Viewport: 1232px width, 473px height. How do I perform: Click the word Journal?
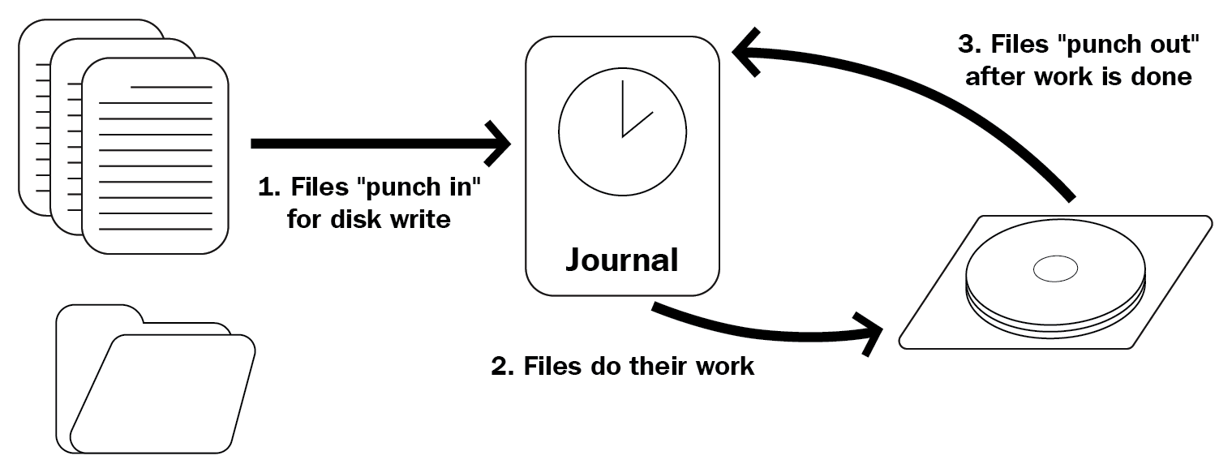point(622,260)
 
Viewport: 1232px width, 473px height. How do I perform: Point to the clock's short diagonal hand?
point(638,123)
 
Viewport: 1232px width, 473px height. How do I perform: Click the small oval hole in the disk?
point(1054,269)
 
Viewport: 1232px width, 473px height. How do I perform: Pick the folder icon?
point(154,381)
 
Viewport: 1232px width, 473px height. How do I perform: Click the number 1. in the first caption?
point(268,187)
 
